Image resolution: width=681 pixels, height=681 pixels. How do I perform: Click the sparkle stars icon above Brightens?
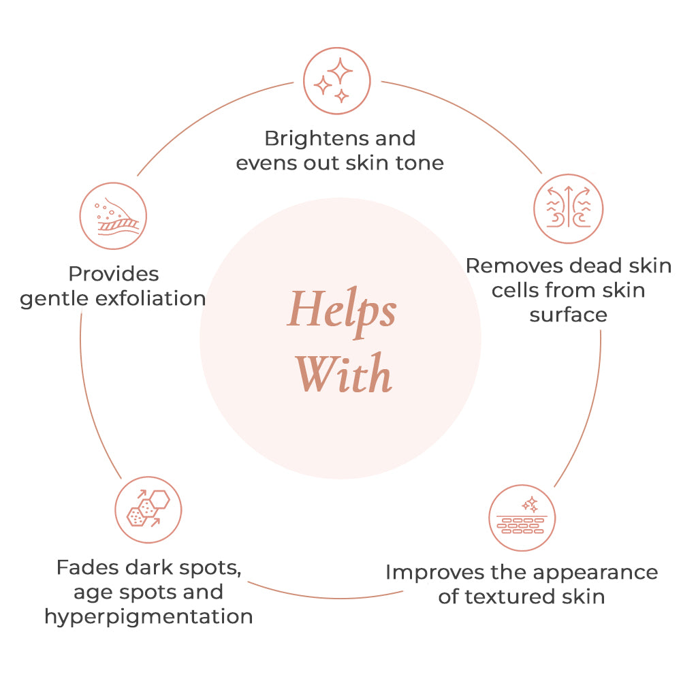336,81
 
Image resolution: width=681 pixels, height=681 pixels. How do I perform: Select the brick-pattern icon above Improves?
522,518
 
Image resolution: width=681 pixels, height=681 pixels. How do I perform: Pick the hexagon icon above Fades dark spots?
148,509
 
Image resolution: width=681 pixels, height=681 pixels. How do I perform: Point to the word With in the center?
345,373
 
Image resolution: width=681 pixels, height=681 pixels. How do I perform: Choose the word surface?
569,315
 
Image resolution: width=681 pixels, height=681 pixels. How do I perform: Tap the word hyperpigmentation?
148,617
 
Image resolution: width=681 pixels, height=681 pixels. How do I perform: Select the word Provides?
114,274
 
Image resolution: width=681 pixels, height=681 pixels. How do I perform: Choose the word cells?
516,291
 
